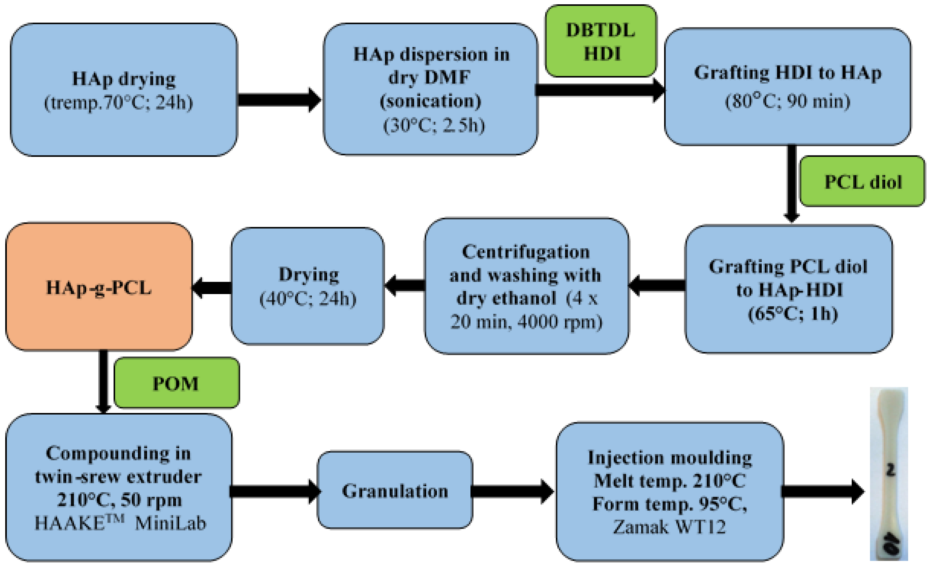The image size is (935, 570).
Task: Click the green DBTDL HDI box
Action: [601, 41]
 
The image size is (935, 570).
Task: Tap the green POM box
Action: [176, 383]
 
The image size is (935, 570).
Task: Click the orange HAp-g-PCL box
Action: [99, 287]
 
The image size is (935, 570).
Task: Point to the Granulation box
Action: [395, 491]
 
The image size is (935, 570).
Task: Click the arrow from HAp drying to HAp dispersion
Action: [279, 100]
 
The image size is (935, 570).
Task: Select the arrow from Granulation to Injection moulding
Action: [512, 491]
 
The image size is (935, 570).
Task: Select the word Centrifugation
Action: [525, 252]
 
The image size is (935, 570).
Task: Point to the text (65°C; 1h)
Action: [793, 313]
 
